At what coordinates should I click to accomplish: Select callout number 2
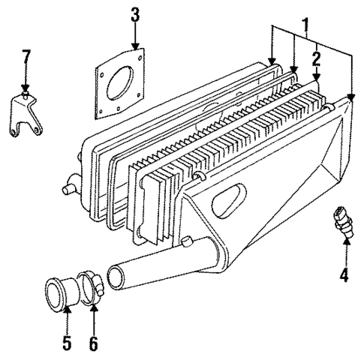tap(317, 58)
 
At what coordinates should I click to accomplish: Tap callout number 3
tap(135, 15)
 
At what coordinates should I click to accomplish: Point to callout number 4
tap(344, 275)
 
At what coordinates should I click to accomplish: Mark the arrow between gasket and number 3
tap(135, 43)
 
